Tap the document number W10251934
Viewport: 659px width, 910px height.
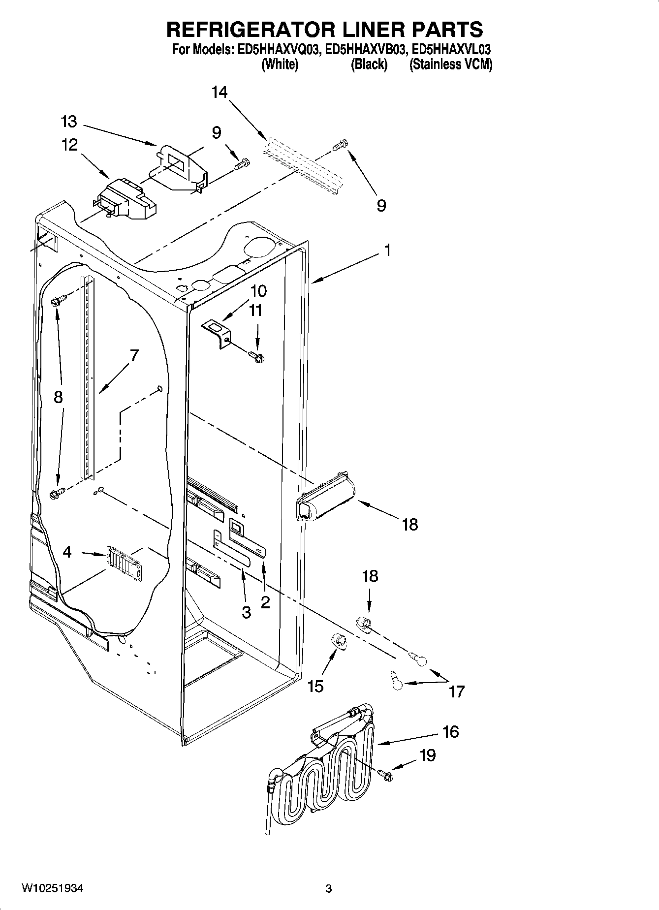point(52,888)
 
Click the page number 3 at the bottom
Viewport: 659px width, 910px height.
point(329,889)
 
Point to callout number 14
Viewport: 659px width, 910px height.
point(220,92)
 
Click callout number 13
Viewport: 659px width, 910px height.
point(69,122)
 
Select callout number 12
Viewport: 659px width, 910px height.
point(69,145)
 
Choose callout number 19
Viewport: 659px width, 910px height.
point(428,755)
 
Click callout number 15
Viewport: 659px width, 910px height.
point(315,686)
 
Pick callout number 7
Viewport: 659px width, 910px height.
point(134,355)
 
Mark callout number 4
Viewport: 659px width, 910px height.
point(67,552)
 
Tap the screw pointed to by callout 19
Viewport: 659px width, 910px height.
point(386,776)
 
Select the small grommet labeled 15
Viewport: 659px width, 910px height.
point(338,640)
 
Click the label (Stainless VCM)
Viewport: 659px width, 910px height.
point(451,64)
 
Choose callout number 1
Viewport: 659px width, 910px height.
point(387,251)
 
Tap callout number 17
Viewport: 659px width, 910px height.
point(457,692)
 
